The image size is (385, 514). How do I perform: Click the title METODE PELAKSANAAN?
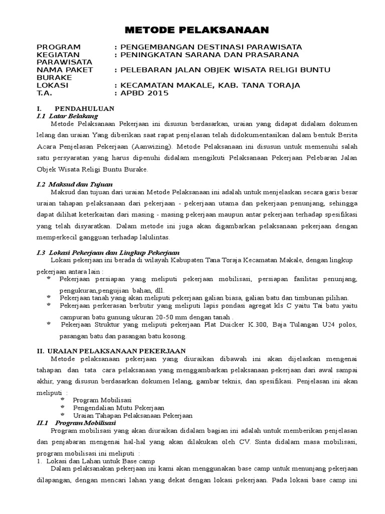pos(192,30)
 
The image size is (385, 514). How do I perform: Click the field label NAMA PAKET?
pos(65,70)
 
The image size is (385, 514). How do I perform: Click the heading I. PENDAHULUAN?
pos(76,108)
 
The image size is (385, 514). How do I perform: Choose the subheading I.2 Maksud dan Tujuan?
pos(75,184)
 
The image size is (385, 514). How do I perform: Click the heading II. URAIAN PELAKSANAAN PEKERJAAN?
pos(111,350)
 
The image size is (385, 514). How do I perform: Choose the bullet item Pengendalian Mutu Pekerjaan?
pos(119,408)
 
